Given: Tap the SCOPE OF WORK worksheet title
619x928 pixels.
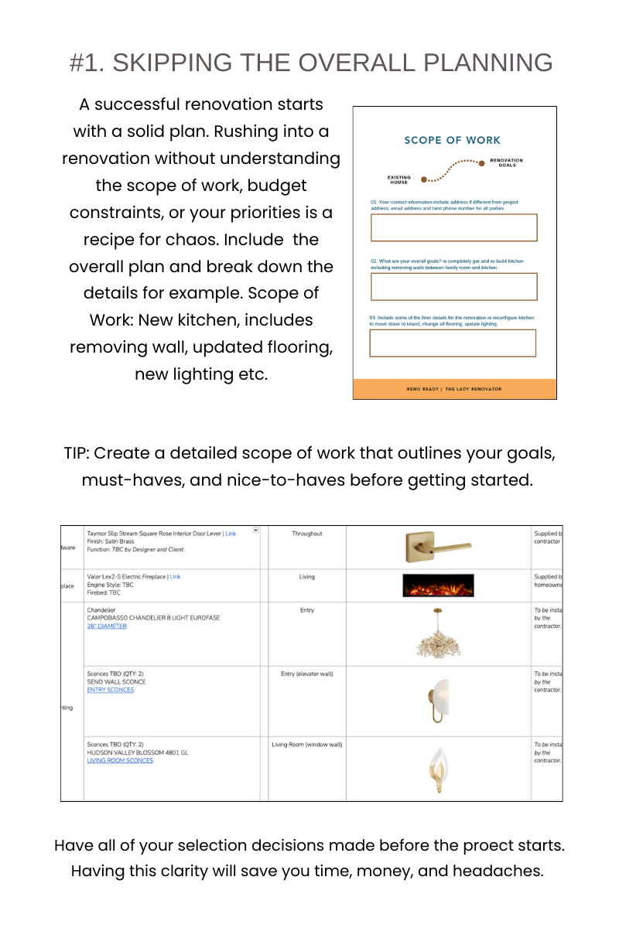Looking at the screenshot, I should coord(453,140).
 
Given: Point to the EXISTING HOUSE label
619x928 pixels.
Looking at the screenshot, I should coord(399,180).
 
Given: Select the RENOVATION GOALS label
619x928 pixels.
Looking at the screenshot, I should coord(506,162).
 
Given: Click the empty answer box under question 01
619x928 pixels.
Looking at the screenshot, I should coord(453,227).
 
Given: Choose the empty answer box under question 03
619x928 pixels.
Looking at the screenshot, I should coord(453,343).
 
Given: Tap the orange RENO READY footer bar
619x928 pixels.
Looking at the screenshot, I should coord(454,389).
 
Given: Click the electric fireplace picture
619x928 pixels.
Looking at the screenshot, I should coord(438,585).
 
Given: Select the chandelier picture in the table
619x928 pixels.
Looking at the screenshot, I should coord(438,633).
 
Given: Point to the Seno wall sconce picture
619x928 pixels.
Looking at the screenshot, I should coord(437,701).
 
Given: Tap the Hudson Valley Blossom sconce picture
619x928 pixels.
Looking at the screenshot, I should coord(437,768).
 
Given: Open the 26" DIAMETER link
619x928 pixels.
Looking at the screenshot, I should coord(107,626).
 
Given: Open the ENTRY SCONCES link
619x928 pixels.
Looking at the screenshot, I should coord(111,690).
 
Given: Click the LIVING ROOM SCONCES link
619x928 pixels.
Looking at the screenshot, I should coord(120,760).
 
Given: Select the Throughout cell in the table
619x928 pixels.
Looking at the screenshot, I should coord(307,534).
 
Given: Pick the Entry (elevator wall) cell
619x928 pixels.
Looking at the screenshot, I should coord(307,674).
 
